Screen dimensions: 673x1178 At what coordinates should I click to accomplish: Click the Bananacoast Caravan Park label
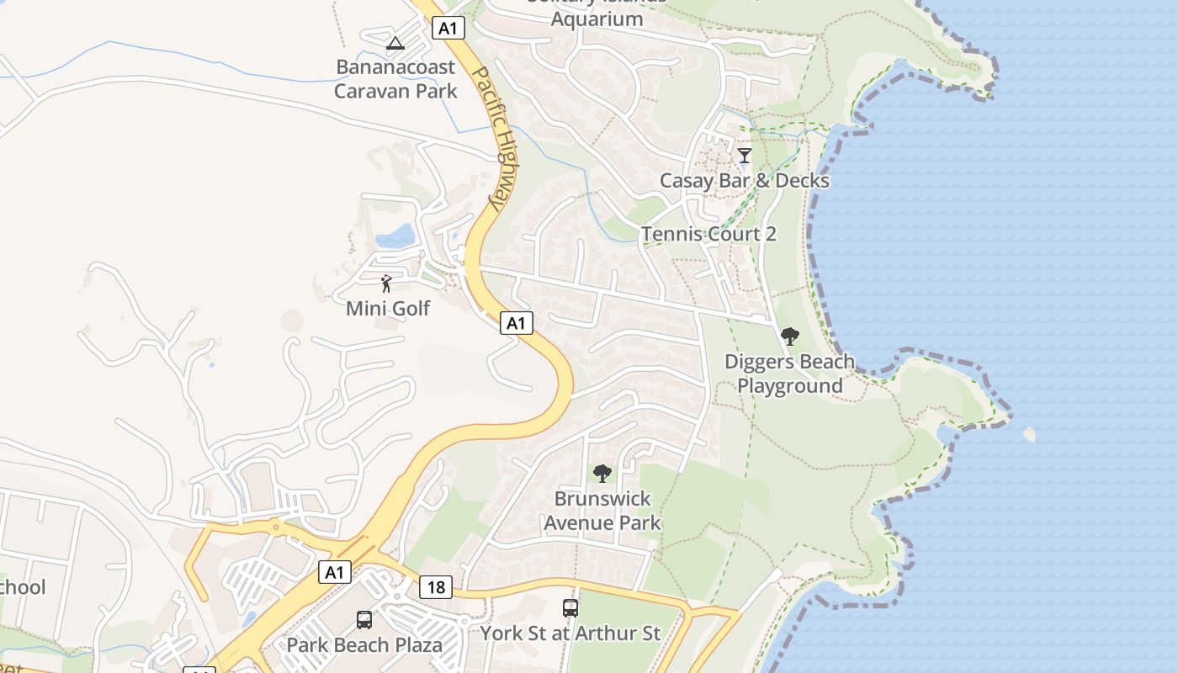pos(395,79)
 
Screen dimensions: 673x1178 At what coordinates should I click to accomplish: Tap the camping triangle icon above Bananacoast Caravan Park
pos(395,43)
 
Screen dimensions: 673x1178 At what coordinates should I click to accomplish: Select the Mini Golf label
pos(388,309)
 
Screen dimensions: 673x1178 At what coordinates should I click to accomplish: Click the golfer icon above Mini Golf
pos(386,284)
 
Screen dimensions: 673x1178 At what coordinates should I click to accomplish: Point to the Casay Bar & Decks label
pos(744,181)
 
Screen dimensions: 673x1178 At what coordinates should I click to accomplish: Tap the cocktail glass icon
pos(745,155)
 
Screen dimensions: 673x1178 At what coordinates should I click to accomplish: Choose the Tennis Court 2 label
pos(708,234)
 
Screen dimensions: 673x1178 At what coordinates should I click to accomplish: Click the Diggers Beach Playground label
pos(789,374)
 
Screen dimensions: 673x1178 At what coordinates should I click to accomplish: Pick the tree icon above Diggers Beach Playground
pos(789,337)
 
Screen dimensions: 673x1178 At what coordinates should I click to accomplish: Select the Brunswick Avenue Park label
pos(602,511)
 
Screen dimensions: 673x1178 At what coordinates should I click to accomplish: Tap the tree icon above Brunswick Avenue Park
pos(602,474)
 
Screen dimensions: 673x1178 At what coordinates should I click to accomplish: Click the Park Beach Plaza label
pos(364,646)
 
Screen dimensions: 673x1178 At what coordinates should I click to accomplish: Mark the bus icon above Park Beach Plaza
pos(364,620)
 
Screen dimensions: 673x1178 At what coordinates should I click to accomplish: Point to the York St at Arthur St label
pos(570,633)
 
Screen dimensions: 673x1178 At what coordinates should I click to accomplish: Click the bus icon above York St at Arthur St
pos(570,607)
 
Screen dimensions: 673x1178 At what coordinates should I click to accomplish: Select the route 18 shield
pos(436,587)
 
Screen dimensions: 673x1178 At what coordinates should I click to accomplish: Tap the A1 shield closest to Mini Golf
pos(517,322)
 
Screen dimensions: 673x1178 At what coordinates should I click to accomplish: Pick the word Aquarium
pos(597,19)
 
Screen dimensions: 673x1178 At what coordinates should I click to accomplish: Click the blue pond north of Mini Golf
pos(395,236)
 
